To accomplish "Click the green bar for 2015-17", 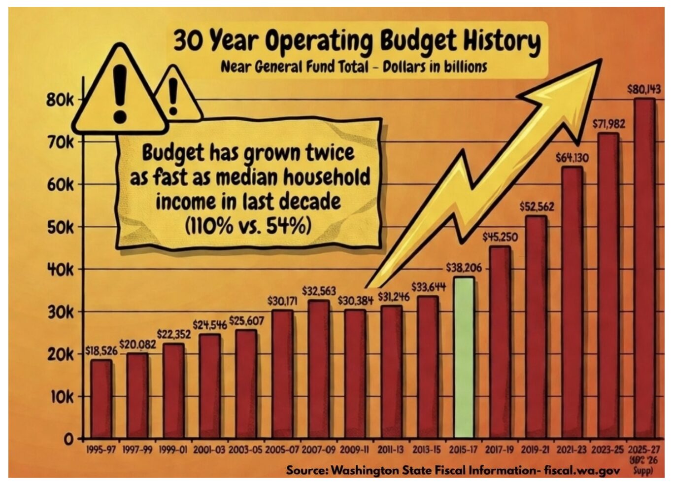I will pos(464,357).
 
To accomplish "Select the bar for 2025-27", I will pos(644,269).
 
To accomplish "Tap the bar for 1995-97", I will pos(101,399).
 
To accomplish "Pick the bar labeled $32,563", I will pos(319,370).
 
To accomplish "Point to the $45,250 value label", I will pos(500,237).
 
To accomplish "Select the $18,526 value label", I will pos(101,351).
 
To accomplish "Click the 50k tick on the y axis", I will pos(61,228).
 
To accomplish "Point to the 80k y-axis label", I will pos(60,100).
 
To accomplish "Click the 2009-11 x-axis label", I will pos(355,450).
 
